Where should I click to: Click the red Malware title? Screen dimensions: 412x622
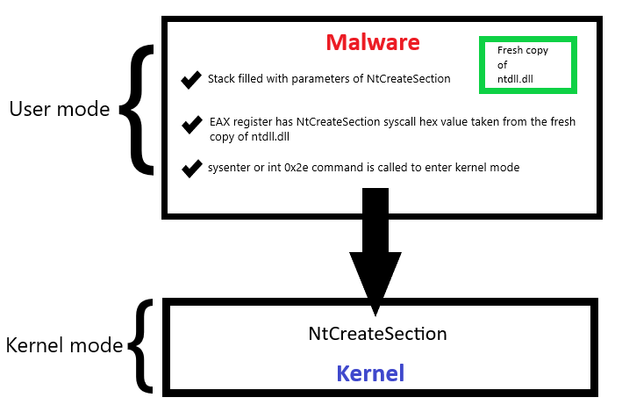click(x=373, y=42)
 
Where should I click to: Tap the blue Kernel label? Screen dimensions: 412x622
click(x=370, y=373)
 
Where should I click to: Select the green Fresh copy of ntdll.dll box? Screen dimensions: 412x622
click(x=526, y=64)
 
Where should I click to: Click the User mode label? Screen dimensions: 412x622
click(x=59, y=109)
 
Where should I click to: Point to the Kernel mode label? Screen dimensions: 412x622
click(x=64, y=345)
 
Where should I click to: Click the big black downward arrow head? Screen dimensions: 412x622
click(x=375, y=281)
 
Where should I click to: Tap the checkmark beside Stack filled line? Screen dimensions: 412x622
click(x=190, y=80)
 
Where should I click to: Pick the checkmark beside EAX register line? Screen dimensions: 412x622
click(x=191, y=125)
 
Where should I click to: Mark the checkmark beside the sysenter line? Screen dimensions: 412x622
click(x=191, y=168)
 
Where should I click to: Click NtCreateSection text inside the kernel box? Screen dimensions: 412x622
click(x=377, y=334)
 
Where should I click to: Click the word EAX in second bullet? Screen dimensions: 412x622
click(x=218, y=122)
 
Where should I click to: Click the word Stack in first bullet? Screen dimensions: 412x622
click(x=222, y=79)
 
